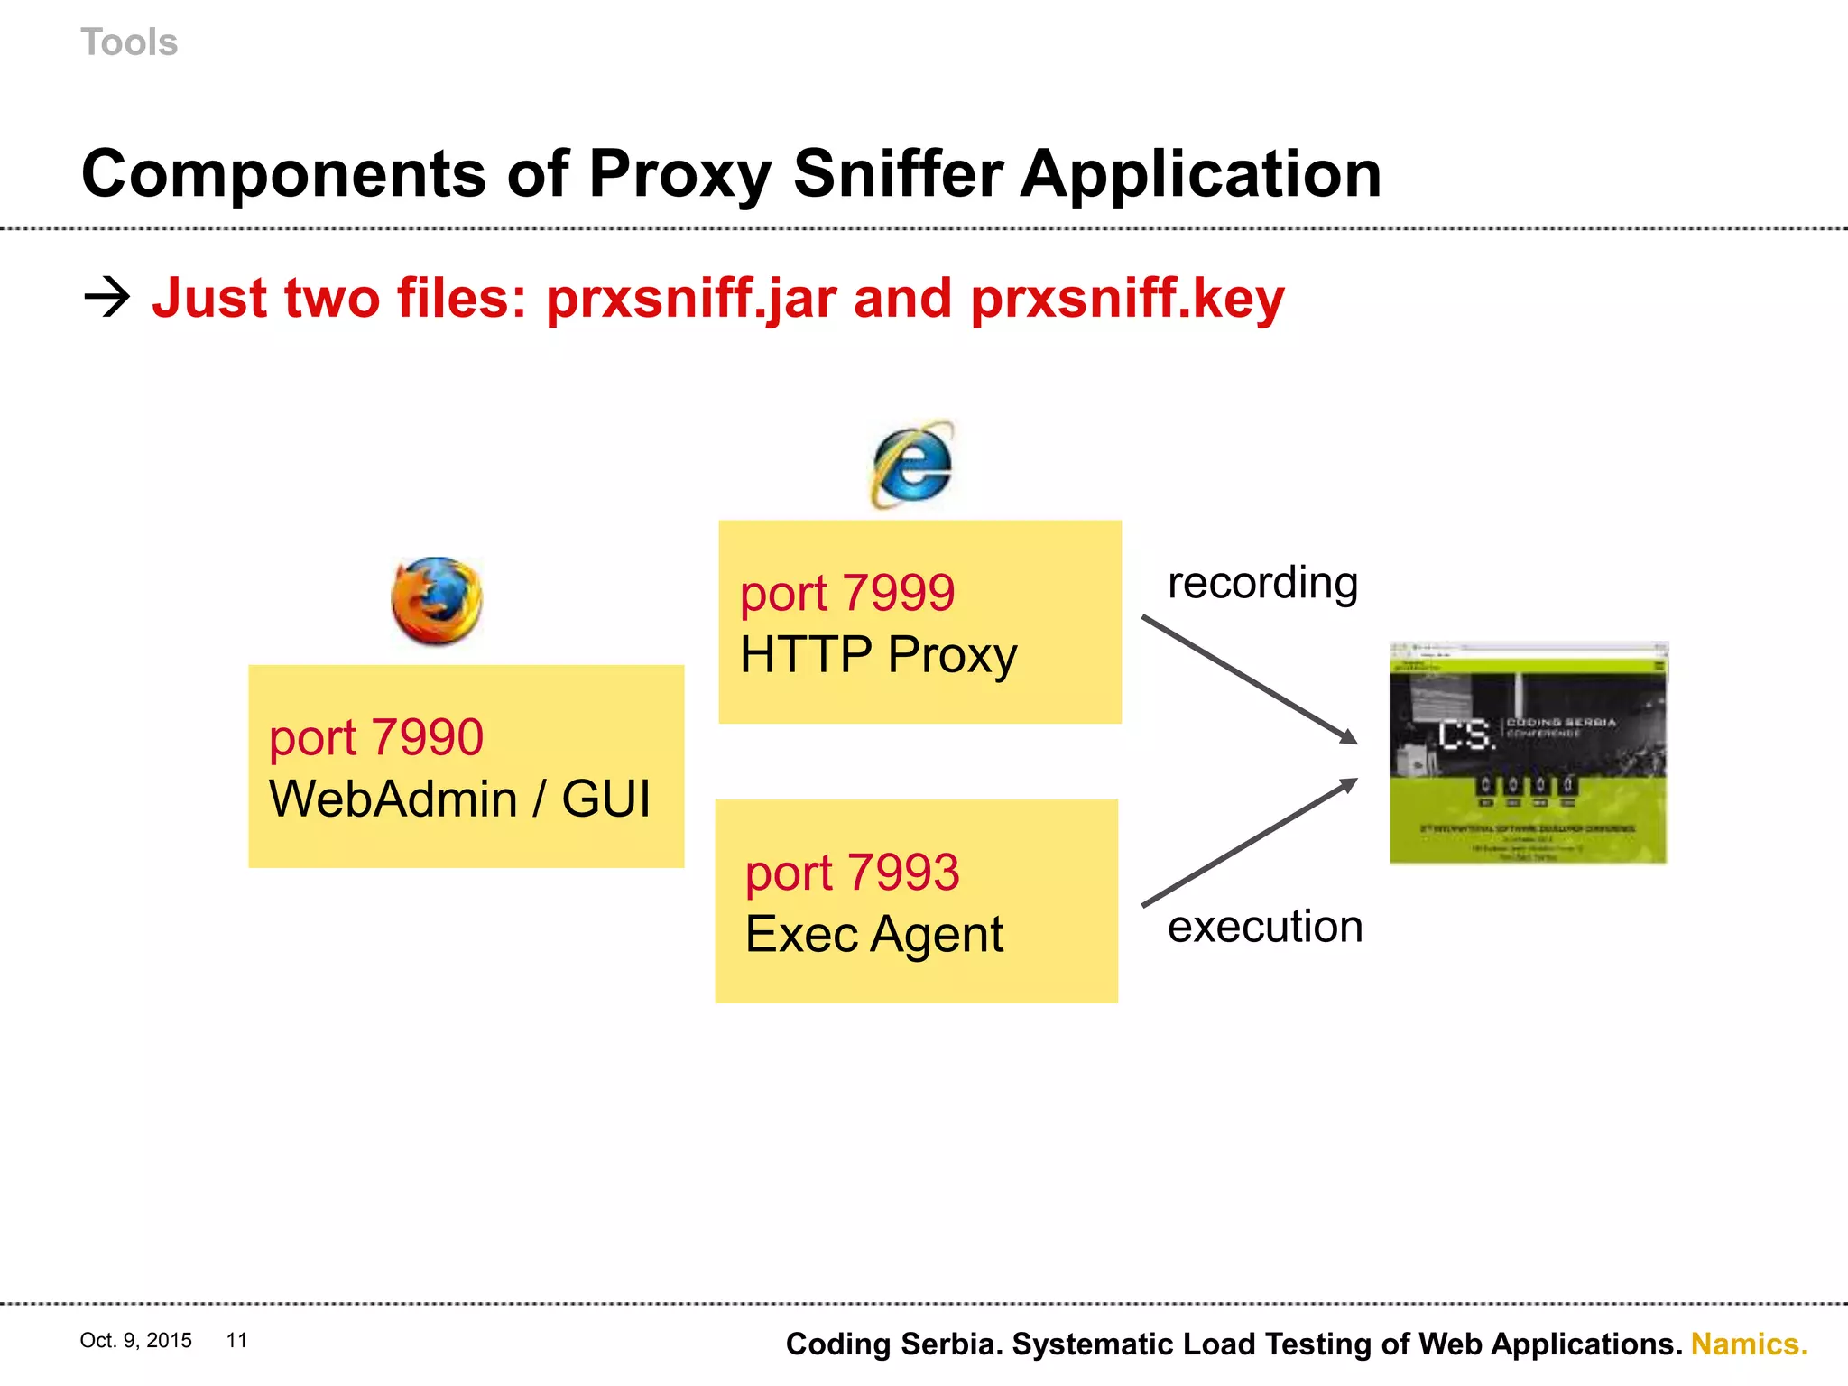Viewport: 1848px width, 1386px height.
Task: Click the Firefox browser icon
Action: pyautogui.click(x=437, y=601)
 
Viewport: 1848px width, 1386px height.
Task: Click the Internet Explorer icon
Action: pyautogui.click(x=912, y=465)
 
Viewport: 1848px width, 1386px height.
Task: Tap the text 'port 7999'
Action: pyautogui.click(x=846, y=594)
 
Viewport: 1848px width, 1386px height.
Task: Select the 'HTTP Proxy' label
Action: pyautogui.click(x=878, y=655)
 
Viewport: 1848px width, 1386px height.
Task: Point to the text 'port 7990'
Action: pyautogui.click(x=376, y=738)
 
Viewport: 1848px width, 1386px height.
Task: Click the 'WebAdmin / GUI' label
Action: pyautogui.click(x=459, y=799)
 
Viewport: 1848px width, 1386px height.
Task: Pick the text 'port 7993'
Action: pyautogui.click(x=852, y=873)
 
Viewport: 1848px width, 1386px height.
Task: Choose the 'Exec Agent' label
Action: pyautogui.click(x=873, y=934)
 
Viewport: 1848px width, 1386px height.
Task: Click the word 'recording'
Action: pyautogui.click(x=1262, y=583)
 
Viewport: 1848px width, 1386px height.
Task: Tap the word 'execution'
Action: pyautogui.click(x=1265, y=927)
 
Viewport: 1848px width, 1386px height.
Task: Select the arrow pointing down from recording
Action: pyautogui.click(x=1250, y=679)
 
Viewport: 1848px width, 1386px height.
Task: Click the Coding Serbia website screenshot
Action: pyautogui.click(x=1529, y=753)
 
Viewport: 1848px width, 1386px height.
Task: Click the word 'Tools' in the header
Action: pyautogui.click(x=129, y=42)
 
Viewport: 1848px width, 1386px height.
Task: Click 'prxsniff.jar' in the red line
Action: pyautogui.click(x=691, y=299)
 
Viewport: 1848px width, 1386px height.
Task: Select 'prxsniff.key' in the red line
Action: pyautogui.click(x=1127, y=299)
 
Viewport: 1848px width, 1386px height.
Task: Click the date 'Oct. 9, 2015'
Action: pyautogui.click(x=135, y=1340)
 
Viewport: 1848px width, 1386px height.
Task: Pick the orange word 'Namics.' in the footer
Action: pyautogui.click(x=1749, y=1344)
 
